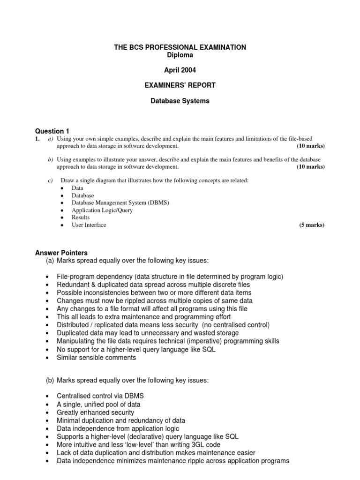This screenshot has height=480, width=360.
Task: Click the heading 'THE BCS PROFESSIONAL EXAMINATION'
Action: click(x=180, y=47)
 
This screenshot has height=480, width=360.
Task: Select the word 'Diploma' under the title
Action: click(x=180, y=55)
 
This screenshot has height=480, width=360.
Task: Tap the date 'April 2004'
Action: click(x=180, y=70)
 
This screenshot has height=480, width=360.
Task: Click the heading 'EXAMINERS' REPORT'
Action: click(x=180, y=85)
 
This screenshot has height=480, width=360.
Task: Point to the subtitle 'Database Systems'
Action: click(x=180, y=100)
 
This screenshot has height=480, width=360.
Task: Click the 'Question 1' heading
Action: click(x=52, y=131)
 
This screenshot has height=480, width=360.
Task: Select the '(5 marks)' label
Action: click(x=312, y=225)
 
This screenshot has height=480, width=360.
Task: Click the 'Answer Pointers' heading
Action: click(x=61, y=253)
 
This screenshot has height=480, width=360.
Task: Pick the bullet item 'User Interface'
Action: click(x=89, y=225)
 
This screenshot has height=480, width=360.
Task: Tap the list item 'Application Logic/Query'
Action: click(x=102, y=210)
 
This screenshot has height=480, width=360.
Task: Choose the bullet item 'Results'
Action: click(x=81, y=217)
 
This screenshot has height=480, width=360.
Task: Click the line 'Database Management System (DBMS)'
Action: click(x=120, y=202)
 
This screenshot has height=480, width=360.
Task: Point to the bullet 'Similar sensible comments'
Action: click(x=96, y=358)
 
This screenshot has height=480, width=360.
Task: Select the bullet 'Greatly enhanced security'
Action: click(x=95, y=412)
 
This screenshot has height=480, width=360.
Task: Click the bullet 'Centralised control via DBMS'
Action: click(x=100, y=396)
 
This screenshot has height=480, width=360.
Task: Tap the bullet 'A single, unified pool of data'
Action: click(x=98, y=404)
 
